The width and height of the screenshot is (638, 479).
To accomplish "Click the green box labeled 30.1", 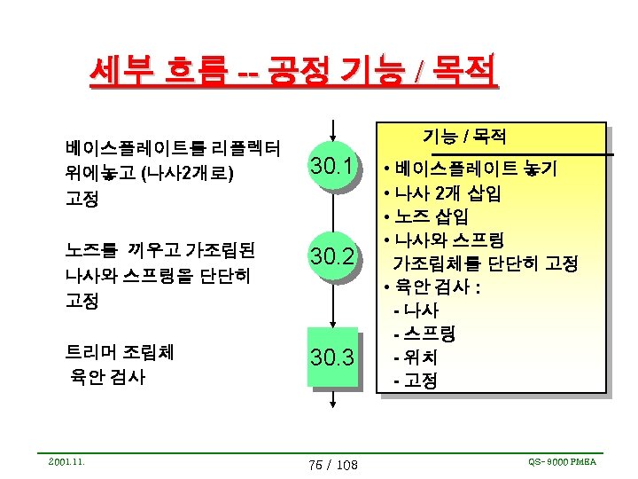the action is point(332,167).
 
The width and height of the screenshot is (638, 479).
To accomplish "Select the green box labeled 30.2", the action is point(332,257).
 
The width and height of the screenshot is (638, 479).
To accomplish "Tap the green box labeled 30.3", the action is point(332,357).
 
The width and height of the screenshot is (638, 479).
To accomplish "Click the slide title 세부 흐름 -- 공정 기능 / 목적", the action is point(292,69).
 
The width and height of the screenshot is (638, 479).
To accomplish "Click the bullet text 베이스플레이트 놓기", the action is point(475,168).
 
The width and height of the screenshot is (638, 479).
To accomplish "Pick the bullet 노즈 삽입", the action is point(431,216).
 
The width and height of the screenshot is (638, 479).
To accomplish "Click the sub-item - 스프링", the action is point(424,334).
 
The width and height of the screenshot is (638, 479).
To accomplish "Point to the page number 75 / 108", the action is point(332,465).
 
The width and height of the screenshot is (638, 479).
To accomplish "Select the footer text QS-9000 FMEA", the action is point(562,461).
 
